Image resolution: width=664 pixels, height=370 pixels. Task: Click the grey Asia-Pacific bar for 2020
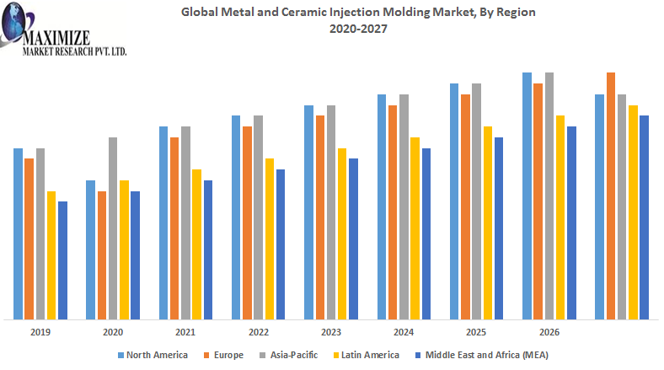point(113,228)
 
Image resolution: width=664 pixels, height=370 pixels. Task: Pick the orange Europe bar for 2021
point(174,228)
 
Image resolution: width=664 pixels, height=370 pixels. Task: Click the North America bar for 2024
point(381,206)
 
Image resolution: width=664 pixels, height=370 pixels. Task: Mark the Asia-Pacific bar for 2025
point(476,201)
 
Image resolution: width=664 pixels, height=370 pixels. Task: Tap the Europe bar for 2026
point(538,201)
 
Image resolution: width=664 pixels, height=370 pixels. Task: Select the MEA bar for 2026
point(571,223)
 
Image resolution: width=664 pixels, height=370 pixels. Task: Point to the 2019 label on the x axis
point(40,333)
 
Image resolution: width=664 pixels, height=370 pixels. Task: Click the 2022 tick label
point(259,333)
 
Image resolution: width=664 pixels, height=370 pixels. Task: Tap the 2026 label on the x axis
point(549,333)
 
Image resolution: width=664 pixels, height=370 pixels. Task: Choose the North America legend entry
point(153,355)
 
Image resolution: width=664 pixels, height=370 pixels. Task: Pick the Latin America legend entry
point(364,355)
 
